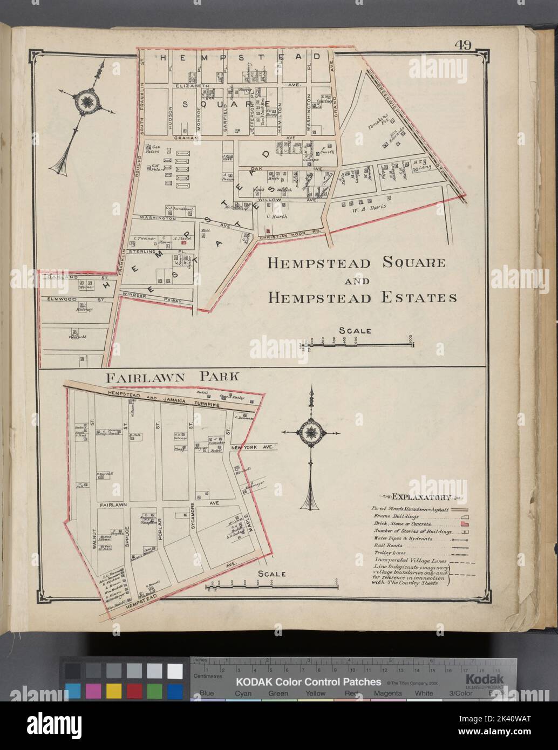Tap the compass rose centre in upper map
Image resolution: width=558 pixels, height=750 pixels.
85,101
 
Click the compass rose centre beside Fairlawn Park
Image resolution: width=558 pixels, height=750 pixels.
310,432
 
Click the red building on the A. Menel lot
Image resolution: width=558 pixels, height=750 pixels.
183,244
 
